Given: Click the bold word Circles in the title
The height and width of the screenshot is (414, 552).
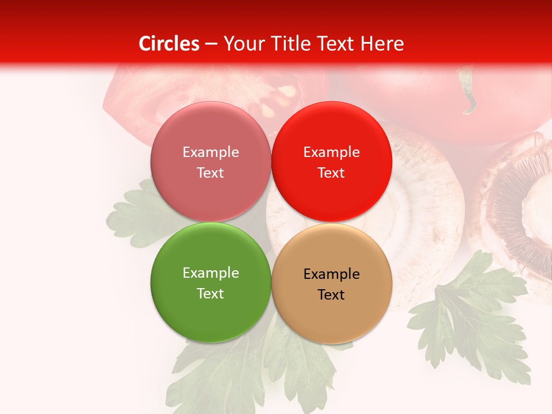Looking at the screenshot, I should [169, 44].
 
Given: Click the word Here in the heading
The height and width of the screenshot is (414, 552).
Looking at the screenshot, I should [382, 44].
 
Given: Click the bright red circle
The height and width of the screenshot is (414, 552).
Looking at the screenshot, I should [332, 162].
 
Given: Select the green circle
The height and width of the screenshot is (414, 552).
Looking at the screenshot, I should [210, 282].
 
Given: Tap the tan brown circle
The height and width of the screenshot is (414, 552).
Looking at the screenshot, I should [332, 283].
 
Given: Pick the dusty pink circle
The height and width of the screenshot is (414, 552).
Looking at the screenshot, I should [210, 162].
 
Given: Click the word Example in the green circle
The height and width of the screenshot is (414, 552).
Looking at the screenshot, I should [210, 273].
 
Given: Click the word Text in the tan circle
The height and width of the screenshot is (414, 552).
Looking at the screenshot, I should [331, 294].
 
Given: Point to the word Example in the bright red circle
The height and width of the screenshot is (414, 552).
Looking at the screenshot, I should [331, 152].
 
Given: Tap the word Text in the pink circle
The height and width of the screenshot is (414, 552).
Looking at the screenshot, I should [210, 172].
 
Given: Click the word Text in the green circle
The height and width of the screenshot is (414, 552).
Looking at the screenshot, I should [210, 293].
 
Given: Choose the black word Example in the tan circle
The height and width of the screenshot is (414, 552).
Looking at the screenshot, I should [331, 274].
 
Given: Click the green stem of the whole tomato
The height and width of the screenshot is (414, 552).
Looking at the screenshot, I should [468, 92].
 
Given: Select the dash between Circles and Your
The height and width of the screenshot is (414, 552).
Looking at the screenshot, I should [211, 44].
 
